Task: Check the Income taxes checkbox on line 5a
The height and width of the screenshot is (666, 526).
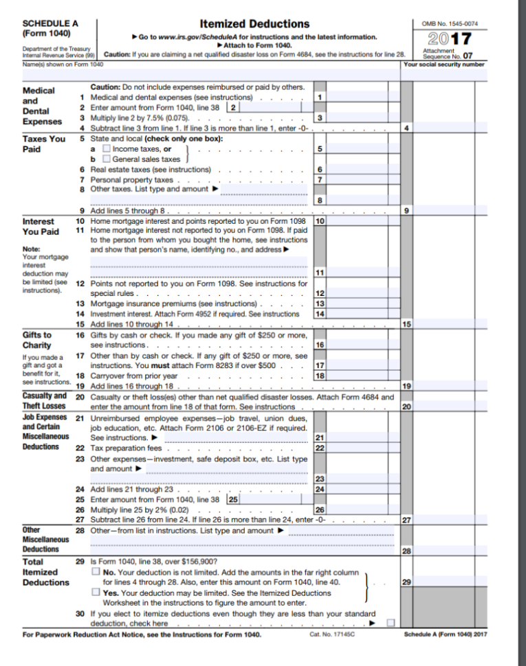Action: tap(106, 149)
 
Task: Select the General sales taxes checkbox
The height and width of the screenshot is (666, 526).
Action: tap(106, 159)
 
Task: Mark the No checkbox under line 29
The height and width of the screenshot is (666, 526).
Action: tap(96, 571)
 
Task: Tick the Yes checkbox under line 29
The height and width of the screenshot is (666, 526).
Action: tap(96, 593)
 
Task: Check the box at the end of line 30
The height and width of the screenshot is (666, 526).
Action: tap(391, 623)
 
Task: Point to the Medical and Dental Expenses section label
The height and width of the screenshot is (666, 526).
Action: tap(42, 106)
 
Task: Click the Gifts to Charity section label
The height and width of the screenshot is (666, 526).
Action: tap(37, 340)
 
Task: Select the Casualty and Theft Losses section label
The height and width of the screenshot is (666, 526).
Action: tap(45, 400)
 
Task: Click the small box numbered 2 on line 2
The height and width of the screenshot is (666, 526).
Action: tap(234, 108)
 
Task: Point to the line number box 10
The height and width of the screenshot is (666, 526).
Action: tap(319, 222)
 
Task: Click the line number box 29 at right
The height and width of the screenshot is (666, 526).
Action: tap(407, 582)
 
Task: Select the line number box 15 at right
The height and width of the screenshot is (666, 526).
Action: tap(407, 324)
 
